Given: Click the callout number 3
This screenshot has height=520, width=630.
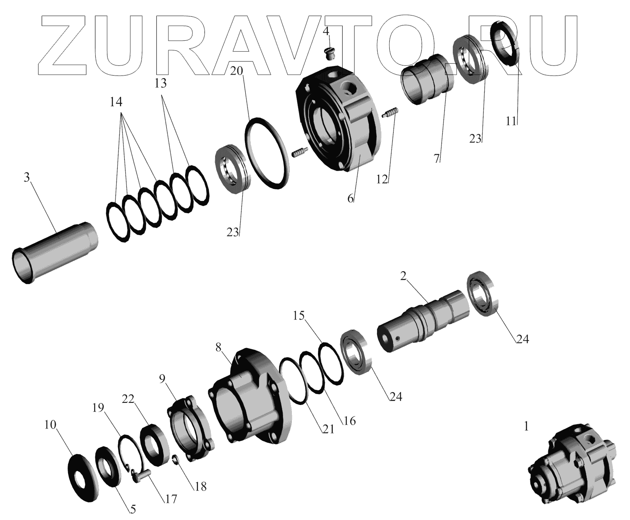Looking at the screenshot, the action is point(27,178).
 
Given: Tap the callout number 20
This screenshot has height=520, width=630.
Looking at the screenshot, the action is point(236,71).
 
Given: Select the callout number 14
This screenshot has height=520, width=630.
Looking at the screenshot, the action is point(116,102).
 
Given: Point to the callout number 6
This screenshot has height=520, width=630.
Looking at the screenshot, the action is point(350,199).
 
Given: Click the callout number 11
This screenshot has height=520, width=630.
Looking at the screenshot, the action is point(511,121).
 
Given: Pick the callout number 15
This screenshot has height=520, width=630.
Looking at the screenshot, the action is point(299,316).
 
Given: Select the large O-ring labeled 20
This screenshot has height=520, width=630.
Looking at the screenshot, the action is point(267,153).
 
